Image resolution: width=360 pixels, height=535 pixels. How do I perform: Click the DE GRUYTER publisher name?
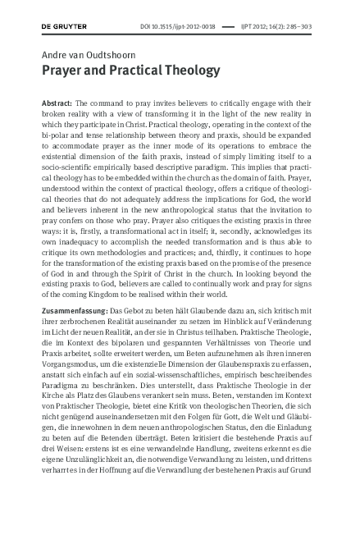64,26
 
